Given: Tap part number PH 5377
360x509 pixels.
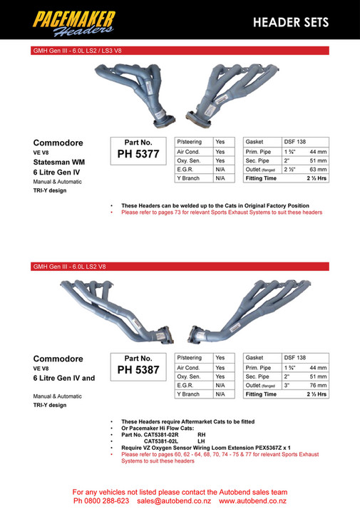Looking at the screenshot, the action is [138, 153].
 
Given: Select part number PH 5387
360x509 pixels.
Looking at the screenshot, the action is [138, 370].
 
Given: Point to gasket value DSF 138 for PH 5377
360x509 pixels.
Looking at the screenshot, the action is [294, 142].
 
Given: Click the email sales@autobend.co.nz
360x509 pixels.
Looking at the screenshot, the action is [175, 501].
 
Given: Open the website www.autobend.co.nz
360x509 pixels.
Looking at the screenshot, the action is [253, 501].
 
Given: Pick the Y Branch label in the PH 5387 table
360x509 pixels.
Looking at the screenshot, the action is [188, 394].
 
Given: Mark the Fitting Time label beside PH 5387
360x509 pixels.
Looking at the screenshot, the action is [261, 394].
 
